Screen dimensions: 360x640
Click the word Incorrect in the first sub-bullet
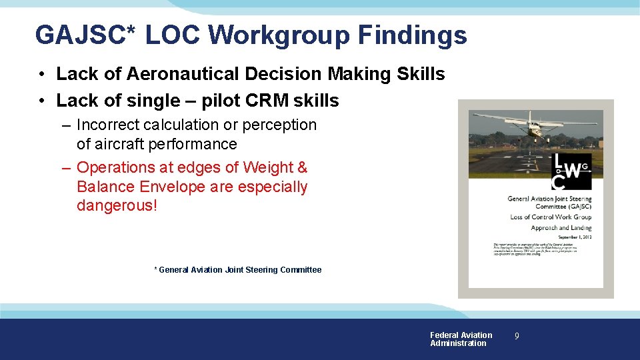coord(107,125)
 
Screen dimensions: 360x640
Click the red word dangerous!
coord(117,205)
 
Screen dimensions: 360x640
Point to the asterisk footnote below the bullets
coord(238,270)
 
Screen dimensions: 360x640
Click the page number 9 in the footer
coord(515,337)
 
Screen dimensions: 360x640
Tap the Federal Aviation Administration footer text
coord(461,339)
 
